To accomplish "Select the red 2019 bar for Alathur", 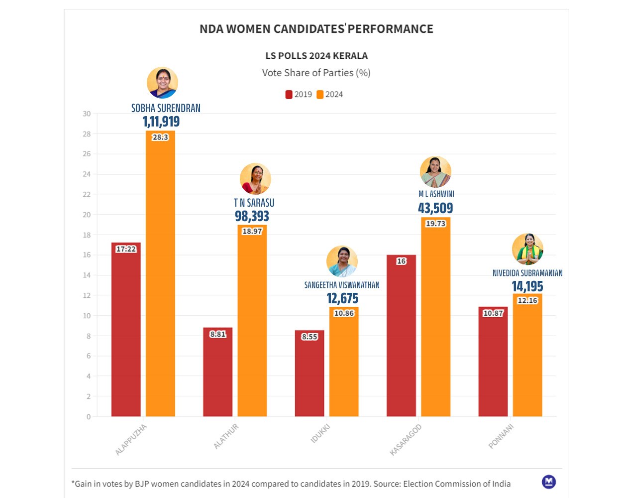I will pyautogui.click(x=217, y=373).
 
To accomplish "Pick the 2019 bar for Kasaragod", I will pyautogui.click(x=401, y=339).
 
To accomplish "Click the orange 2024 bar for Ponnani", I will pyautogui.click(x=527, y=359).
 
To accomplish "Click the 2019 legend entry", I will pyautogui.click(x=299, y=95).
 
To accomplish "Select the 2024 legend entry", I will pyautogui.click(x=330, y=95).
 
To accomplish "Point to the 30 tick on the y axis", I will pyautogui.click(x=87, y=114).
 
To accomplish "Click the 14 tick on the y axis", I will pyautogui.click(x=87, y=275).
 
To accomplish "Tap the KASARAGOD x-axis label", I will pyautogui.click(x=406, y=439).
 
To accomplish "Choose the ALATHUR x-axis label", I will pyautogui.click(x=226, y=436).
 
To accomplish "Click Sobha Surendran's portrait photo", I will pyautogui.click(x=162, y=83).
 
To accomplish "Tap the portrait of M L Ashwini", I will pyautogui.click(x=435, y=172).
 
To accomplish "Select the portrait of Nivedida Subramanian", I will pyautogui.click(x=527, y=249).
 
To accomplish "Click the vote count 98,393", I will pyautogui.click(x=252, y=216).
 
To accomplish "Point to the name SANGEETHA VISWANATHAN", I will pyautogui.click(x=342, y=285).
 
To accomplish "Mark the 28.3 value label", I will pyautogui.click(x=160, y=137).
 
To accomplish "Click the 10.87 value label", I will pyautogui.click(x=493, y=313).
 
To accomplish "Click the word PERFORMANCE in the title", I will pyautogui.click(x=391, y=29).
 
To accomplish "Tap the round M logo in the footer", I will pyautogui.click(x=549, y=482).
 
